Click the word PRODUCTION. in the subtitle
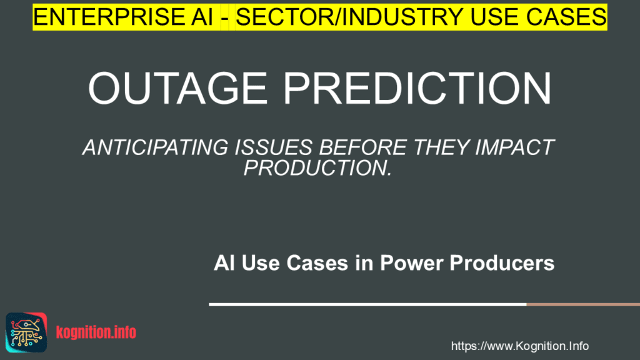click(x=317, y=167)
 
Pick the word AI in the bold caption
click(x=224, y=263)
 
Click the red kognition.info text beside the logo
click(x=96, y=332)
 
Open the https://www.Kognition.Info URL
click(x=519, y=346)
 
